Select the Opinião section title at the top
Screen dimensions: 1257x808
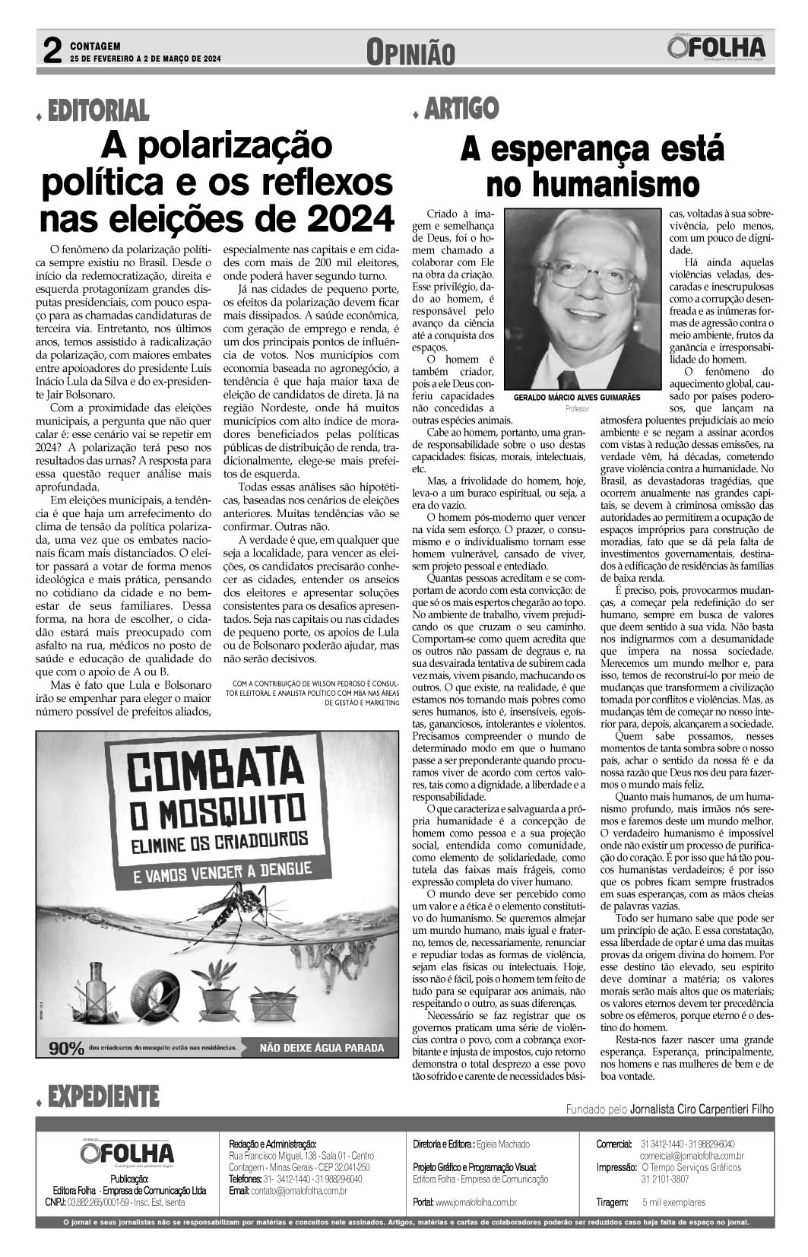click(410, 52)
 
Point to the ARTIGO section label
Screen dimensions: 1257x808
click(461, 108)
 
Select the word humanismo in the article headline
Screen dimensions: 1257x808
click(592, 183)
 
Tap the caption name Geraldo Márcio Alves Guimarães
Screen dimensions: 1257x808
click(578, 398)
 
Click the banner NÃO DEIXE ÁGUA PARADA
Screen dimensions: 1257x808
click(323, 1048)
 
